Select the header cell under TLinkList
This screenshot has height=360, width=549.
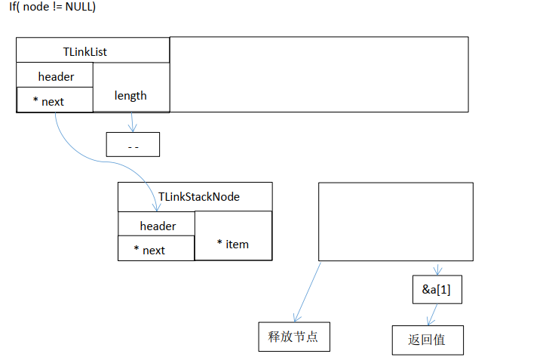pos(55,76)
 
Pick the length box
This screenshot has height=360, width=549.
pos(131,95)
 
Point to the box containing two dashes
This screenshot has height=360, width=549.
pos(133,144)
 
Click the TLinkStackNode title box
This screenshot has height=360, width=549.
pos(195,196)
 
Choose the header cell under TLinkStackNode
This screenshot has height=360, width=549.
pos(157,226)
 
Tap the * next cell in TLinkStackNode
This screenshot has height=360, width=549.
pos(155,249)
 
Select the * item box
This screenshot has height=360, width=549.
pos(233,243)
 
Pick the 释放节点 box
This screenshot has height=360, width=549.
pos(293,336)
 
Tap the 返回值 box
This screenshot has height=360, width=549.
pos(427,340)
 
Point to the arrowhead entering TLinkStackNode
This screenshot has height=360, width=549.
pos(157,205)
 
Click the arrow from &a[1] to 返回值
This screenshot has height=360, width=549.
pos(432,315)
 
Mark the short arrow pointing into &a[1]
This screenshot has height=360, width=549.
pos(437,269)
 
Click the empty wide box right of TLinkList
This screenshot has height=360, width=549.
pos(318,74)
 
